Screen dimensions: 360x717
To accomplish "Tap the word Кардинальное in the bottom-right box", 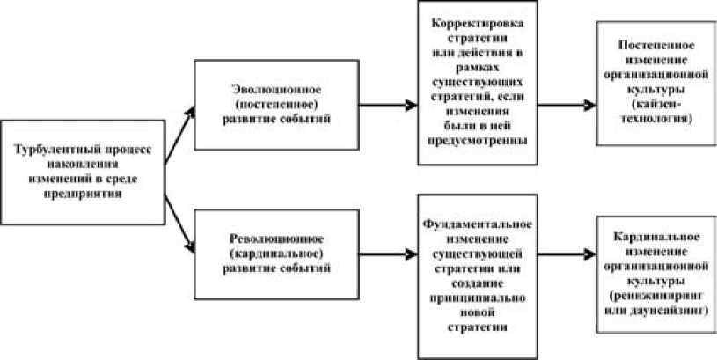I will (654, 239).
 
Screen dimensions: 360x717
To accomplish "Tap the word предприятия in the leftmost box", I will (85, 194).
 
